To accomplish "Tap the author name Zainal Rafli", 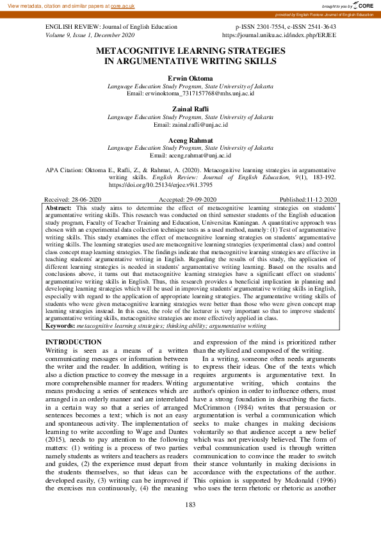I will pos(190,109).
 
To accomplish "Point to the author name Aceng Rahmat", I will pos(190,140).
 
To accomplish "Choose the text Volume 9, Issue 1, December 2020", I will pos(89,36).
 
